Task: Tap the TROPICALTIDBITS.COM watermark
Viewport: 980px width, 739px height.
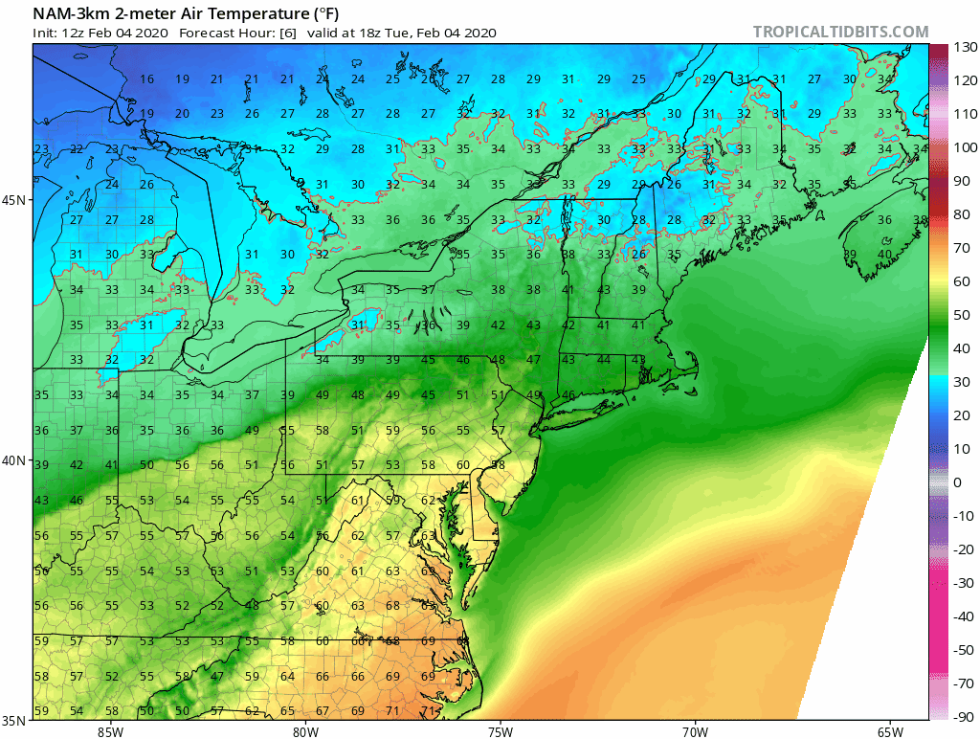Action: [840, 32]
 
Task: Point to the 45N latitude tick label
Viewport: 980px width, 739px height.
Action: [15, 200]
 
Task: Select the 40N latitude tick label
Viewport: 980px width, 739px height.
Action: [15, 460]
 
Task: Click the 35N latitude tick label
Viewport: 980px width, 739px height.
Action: [15, 720]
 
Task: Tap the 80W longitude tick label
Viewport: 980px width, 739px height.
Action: [305, 732]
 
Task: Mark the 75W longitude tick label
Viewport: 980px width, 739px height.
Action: [500, 732]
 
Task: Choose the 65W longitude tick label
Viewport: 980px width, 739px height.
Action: [889, 732]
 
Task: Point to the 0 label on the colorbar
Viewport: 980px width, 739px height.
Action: [958, 482]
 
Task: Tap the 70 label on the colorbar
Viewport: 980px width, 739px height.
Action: [961, 248]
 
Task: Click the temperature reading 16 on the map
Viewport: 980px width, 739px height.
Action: [146, 79]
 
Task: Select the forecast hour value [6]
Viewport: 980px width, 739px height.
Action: [287, 33]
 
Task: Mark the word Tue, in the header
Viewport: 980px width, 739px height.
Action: [426, 33]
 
